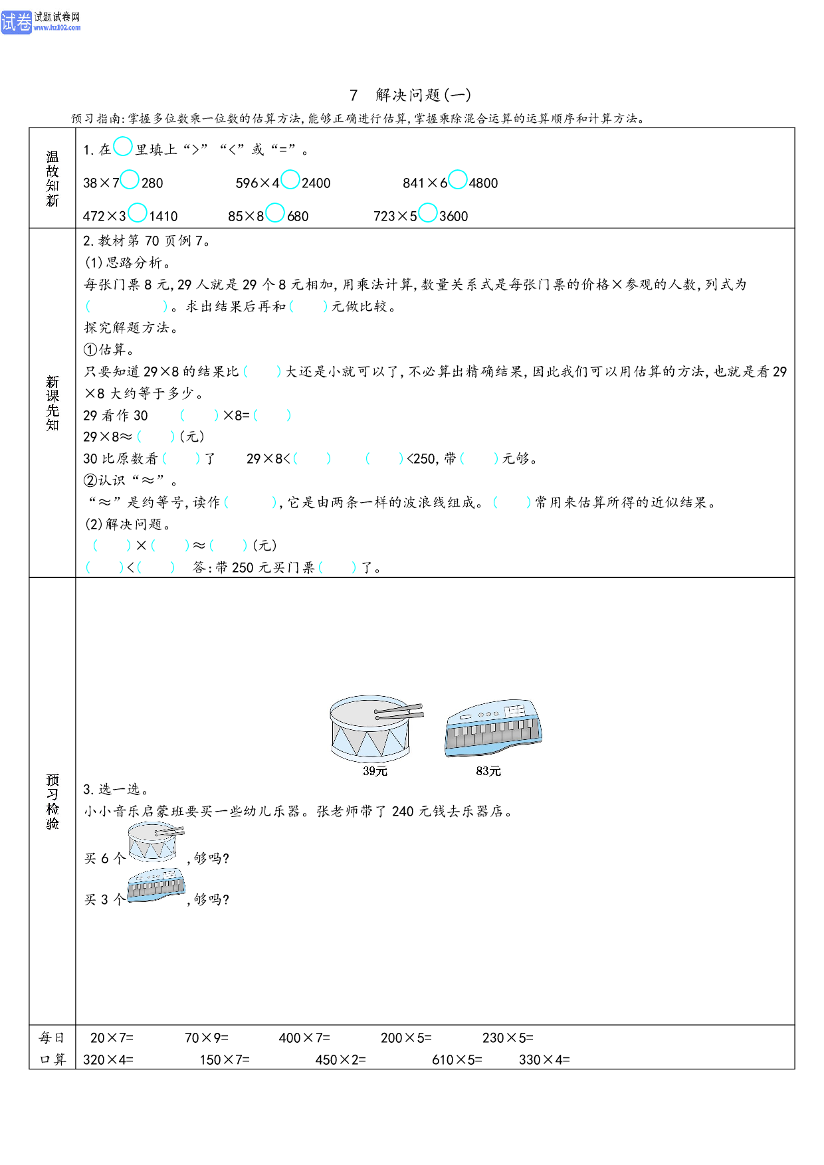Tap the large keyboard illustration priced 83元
click(493, 728)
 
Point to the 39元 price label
click(375, 771)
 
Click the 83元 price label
click(488, 771)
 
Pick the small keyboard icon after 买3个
click(156, 884)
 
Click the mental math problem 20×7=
click(112, 1038)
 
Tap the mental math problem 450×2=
click(340, 1060)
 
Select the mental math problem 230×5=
click(508, 1038)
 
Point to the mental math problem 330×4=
click(544, 1060)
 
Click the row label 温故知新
click(52, 179)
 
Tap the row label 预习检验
click(52, 802)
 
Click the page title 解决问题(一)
click(423, 95)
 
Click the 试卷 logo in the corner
click(16, 22)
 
